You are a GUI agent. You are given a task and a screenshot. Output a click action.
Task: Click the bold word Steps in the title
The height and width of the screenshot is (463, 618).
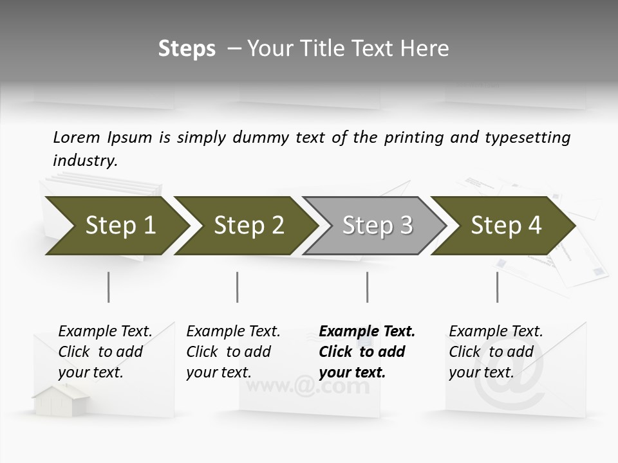pos(187,49)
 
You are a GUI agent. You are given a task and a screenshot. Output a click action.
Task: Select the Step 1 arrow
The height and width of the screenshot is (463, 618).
pos(116,226)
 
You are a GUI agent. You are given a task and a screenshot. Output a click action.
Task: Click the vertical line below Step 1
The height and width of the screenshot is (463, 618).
pos(108,287)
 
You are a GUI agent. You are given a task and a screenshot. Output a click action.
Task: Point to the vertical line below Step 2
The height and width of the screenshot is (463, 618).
pos(238,287)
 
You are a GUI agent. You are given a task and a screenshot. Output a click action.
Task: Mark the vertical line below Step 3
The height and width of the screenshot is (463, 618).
pos(367,287)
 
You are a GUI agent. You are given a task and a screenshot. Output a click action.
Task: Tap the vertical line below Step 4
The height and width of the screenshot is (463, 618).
pos(497,287)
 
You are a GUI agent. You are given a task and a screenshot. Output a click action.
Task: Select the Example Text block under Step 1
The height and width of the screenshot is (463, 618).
pos(104,352)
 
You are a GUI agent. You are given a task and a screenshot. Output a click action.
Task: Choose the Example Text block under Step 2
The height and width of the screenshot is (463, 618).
pos(232,352)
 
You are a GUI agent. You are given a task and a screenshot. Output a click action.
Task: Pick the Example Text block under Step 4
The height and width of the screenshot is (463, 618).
pos(495,352)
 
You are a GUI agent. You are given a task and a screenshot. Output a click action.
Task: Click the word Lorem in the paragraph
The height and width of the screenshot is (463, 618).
pos(77,138)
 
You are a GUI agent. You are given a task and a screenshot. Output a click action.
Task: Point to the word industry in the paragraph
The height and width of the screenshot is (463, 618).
pos(84,161)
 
